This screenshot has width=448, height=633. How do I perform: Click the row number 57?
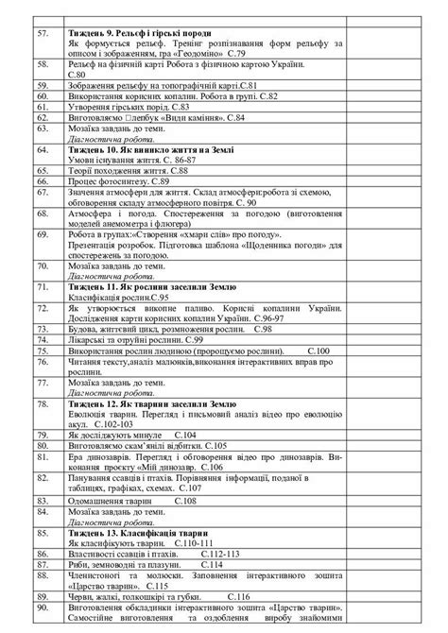click(43, 34)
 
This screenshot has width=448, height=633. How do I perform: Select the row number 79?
click(43, 434)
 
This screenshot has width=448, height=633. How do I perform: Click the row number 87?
click(43, 565)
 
